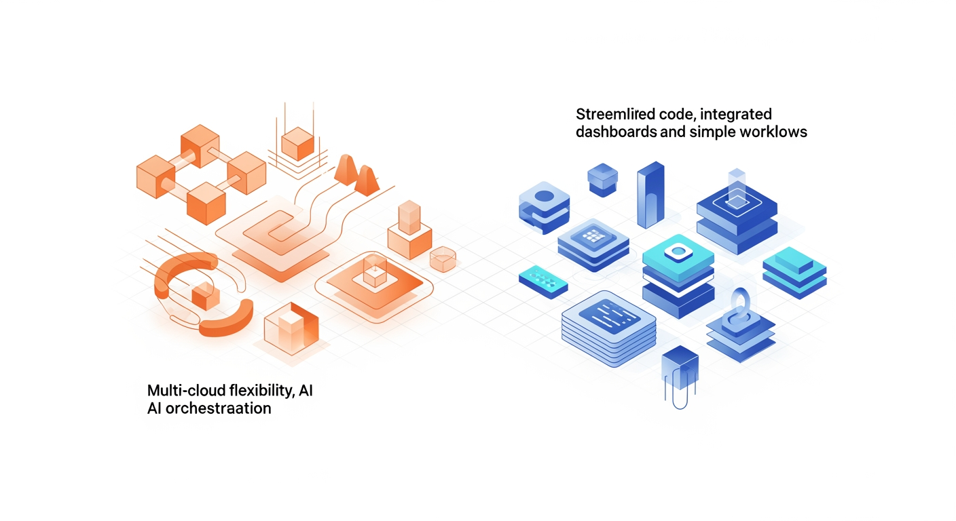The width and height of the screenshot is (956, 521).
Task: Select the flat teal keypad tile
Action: tap(543, 279)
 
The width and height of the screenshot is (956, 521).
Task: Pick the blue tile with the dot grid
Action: tap(592, 238)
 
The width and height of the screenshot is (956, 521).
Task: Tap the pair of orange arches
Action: tap(356, 174)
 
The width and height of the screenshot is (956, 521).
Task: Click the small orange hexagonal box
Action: tap(443, 258)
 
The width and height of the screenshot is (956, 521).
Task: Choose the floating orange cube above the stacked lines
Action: tap(296, 142)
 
